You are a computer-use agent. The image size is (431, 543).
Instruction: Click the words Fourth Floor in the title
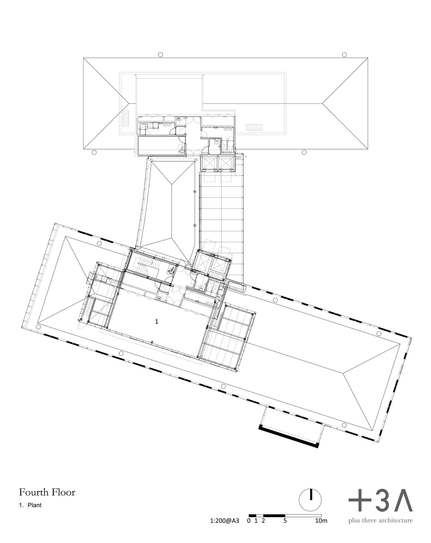[x=47, y=492]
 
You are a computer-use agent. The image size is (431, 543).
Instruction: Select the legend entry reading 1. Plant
[x=30, y=505]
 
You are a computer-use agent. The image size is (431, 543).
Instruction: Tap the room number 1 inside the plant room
[x=157, y=321]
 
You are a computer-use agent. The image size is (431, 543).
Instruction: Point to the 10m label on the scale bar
[x=321, y=521]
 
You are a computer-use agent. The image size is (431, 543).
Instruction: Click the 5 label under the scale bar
[x=285, y=521]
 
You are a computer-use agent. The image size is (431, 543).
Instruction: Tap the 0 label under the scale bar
[x=249, y=521]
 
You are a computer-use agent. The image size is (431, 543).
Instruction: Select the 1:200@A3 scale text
[x=224, y=521]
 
